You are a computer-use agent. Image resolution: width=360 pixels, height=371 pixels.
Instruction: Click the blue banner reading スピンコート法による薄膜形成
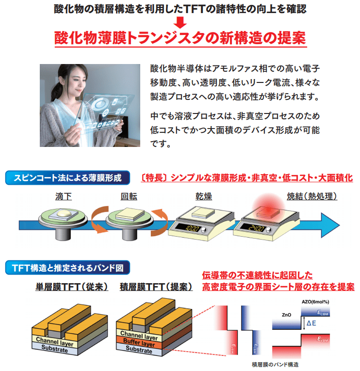tap(67, 178)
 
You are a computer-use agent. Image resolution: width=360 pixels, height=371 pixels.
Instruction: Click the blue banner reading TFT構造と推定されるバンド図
tap(67, 267)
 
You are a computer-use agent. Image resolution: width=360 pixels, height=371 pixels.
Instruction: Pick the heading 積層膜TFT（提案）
tap(156, 287)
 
